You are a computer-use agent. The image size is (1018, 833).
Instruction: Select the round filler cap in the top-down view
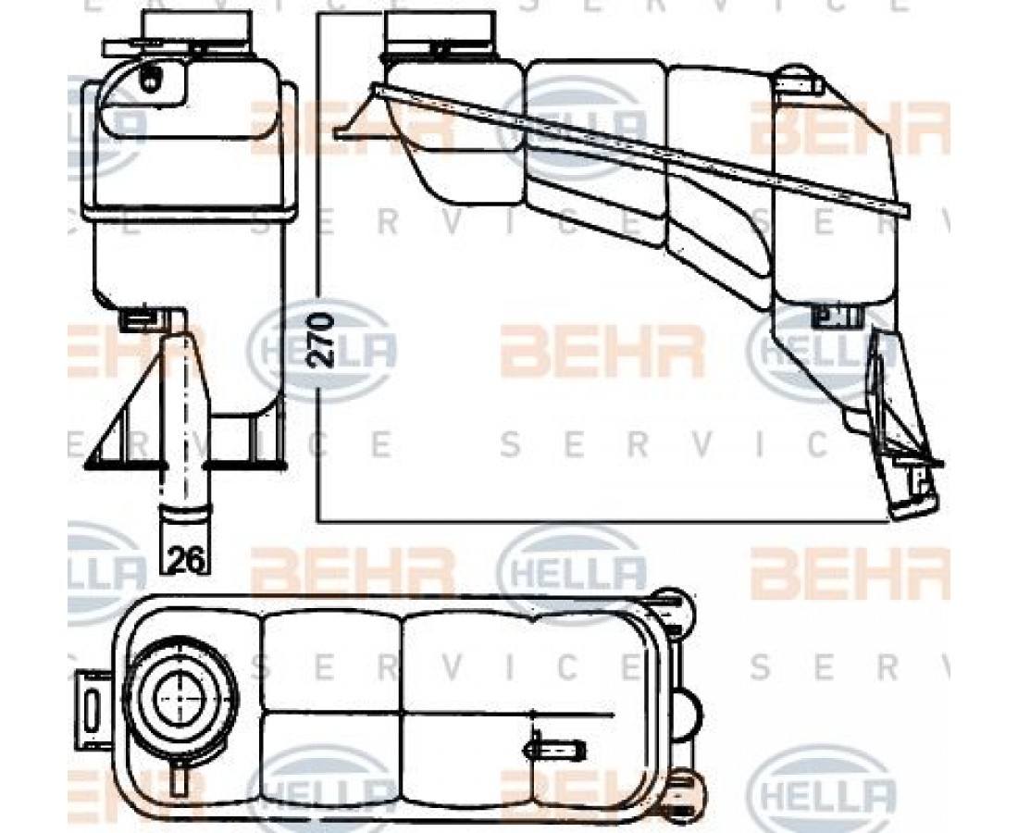[179, 695]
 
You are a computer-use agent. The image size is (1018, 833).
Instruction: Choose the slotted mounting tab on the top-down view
[92, 707]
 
